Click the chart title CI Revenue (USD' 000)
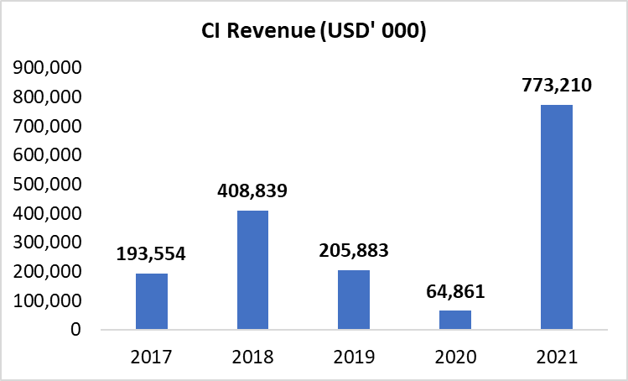coord(314,32)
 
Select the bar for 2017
coord(152,301)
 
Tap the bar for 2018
coord(252,270)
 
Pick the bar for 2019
coord(354,300)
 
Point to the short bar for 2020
coord(455,320)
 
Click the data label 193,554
coord(152,254)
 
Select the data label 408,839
coord(252,191)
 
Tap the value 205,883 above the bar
coord(354,251)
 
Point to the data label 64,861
coord(455,292)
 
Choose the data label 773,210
coord(556,86)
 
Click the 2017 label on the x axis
coord(152,358)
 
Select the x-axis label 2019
coord(354,358)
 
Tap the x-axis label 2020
coord(455,358)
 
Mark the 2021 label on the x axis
coord(556,358)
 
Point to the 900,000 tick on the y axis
coord(47,68)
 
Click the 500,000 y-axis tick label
coord(47,185)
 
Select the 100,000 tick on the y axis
coord(47,300)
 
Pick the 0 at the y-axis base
coord(75,330)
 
